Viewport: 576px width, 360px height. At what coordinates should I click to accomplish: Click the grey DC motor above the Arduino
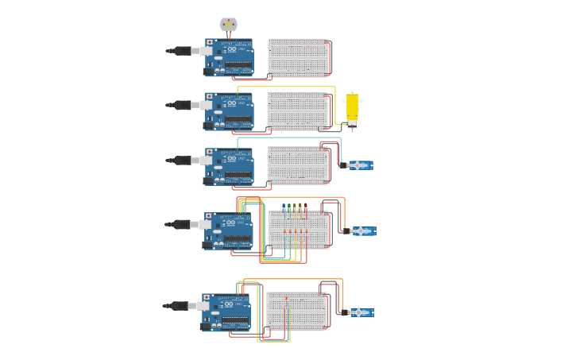(229, 25)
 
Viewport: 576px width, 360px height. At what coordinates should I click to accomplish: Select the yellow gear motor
(351, 110)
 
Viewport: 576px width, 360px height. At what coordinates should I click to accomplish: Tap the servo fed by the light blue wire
(359, 165)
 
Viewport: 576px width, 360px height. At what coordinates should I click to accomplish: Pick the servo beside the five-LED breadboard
(362, 231)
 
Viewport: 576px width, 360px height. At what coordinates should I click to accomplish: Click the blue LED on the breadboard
(284, 207)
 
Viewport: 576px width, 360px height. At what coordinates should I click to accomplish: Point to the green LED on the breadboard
(289, 207)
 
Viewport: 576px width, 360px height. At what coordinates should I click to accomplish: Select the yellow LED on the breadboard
(295, 207)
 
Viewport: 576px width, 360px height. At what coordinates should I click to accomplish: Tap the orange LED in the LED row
(300, 207)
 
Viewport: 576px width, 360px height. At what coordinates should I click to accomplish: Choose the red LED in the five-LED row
(306, 207)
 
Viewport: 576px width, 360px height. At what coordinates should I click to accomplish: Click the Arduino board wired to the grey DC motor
(229, 58)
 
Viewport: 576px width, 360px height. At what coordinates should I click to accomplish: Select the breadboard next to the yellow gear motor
(298, 111)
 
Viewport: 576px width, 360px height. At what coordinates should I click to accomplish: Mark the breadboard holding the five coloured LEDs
(298, 230)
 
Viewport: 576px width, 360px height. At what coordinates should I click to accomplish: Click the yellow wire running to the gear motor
(286, 87)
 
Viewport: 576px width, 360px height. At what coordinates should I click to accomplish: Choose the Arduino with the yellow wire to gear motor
(229, 111)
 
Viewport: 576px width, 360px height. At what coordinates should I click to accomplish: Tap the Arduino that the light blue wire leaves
(229, 166)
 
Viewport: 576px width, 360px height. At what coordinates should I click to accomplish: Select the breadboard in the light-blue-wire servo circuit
(298, 165)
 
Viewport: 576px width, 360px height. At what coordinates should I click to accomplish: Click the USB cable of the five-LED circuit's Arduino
(184, 224)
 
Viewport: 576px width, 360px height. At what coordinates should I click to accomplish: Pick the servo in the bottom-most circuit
(360, 312)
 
